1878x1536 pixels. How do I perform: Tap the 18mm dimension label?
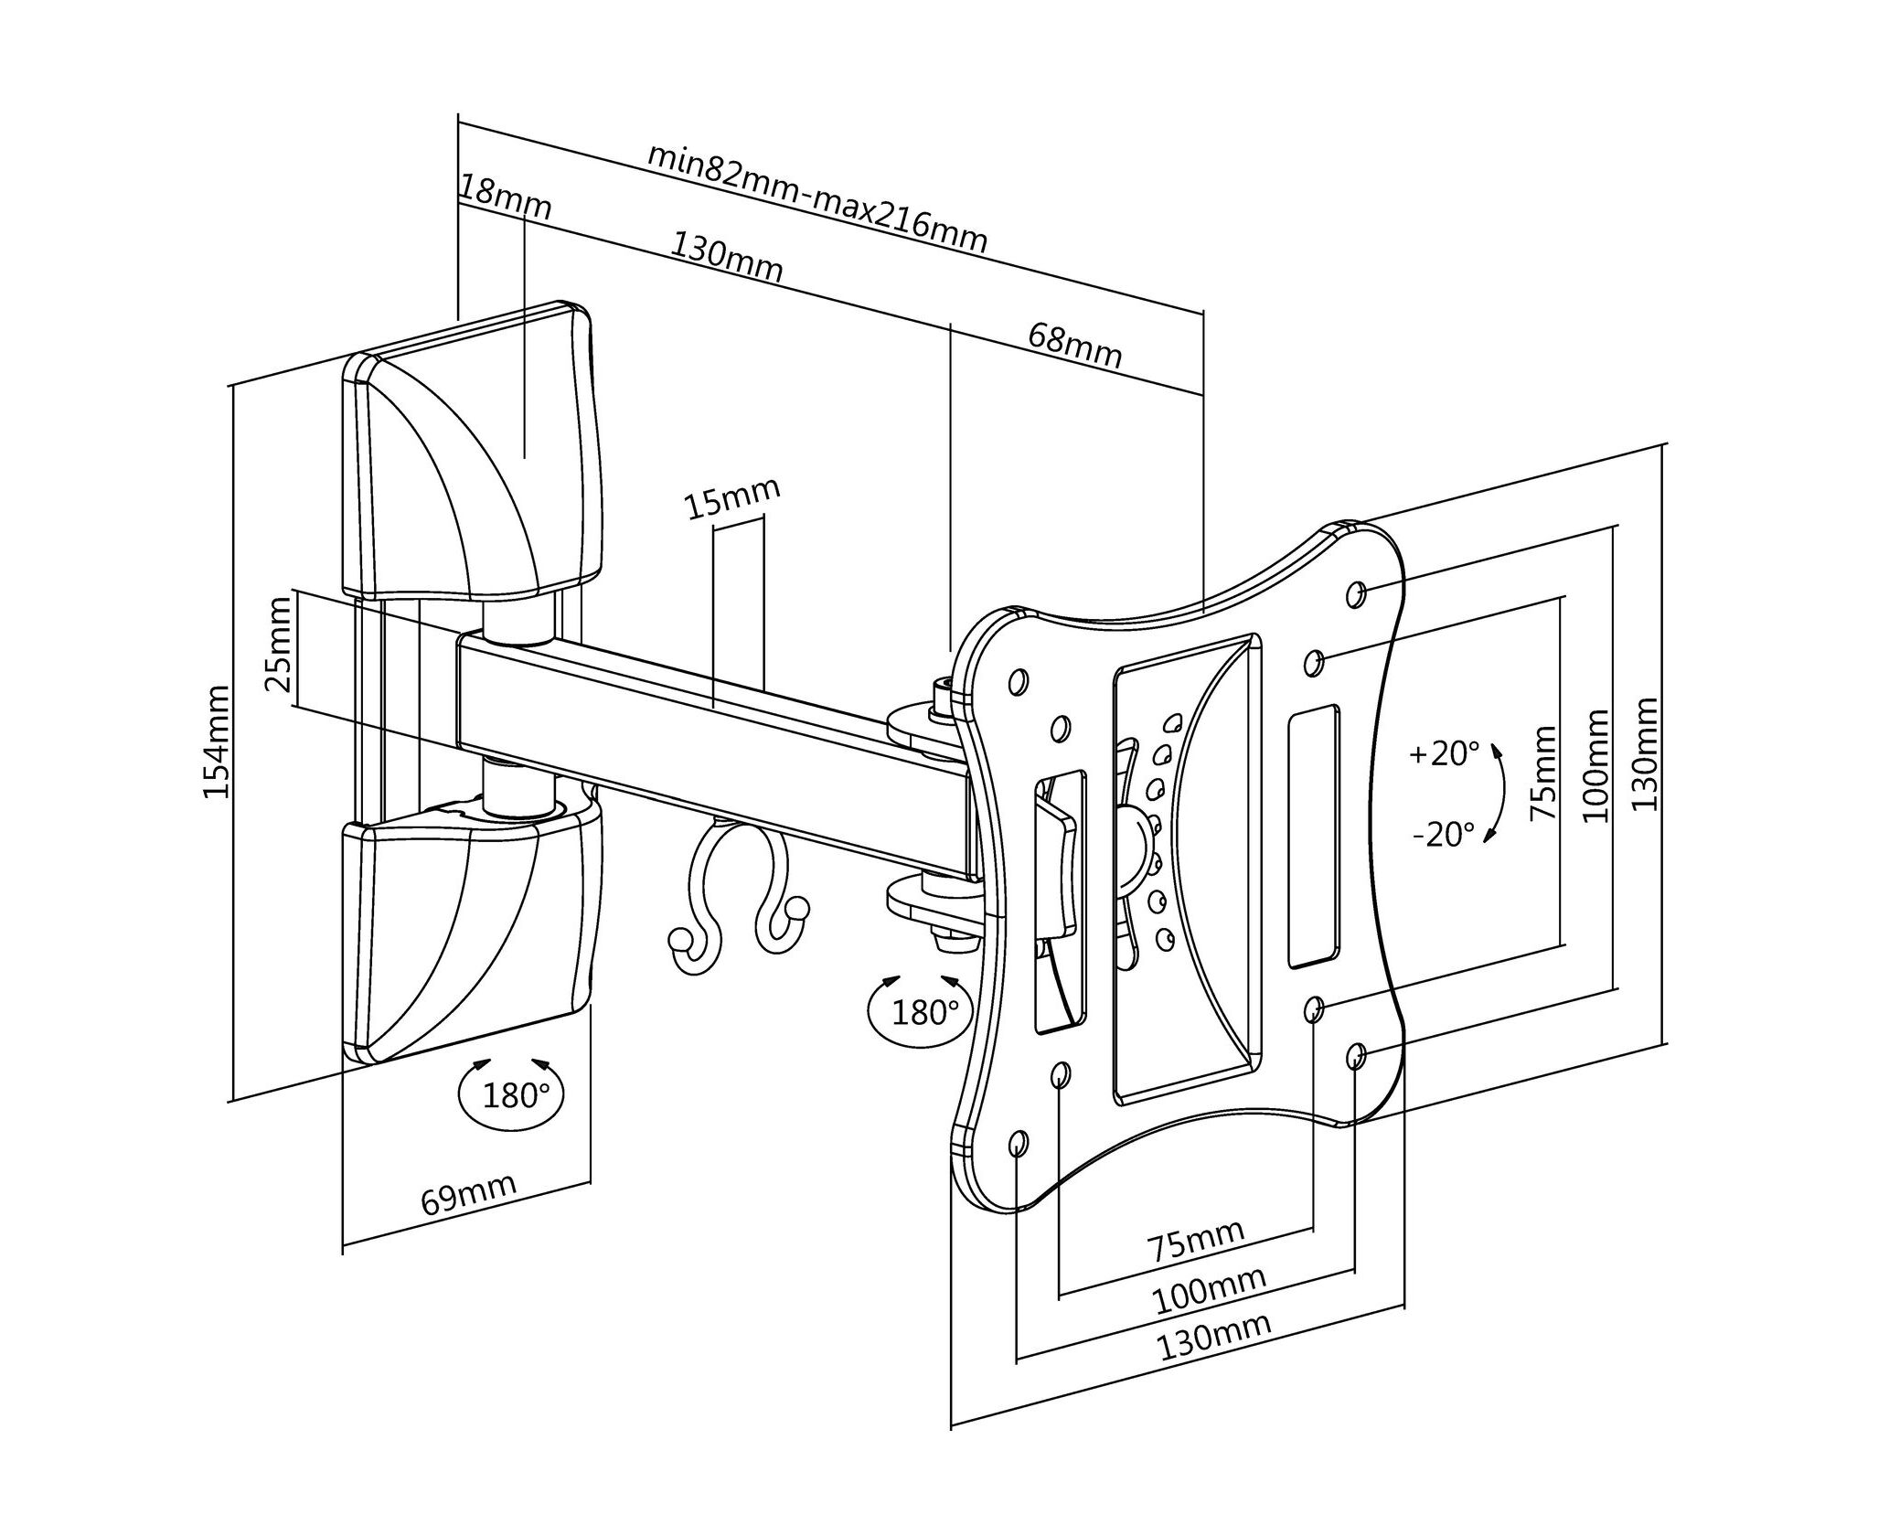pyautogui.click(x=506, y=198)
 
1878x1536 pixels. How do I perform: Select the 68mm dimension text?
pyautogui.click(x=1075, y=345)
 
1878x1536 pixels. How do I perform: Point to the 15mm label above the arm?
pyautogui.click(x=733, y=500)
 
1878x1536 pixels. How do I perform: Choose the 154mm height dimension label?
pyautogui.click(x=217, y=742)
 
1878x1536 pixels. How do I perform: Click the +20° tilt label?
pyautogui.click(x=1444, y=754)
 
